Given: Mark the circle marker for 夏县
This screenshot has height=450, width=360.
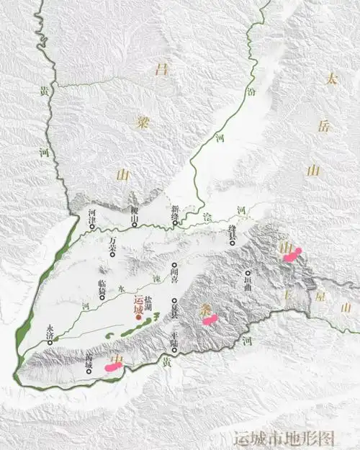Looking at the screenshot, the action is pyautogui.click(x=174, y=302).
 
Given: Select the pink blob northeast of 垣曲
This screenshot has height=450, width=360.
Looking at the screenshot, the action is pyautogui.click(x=292, y=253).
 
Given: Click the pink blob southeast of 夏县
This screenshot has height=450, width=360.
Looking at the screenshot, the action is pyautogui.click(x=211, y=320).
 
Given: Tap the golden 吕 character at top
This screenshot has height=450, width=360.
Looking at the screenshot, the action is pyautogui.click(x=160, y=69).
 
